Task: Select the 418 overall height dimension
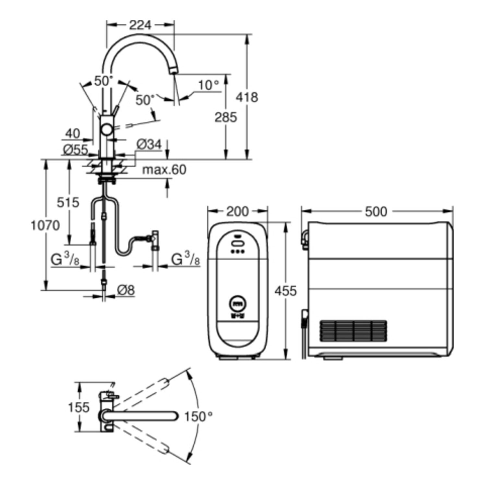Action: pos(247,97)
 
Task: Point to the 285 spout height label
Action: pos(226,117)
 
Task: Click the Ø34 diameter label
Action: pos(149,145)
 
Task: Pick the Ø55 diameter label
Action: pos(76,149)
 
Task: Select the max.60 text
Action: pos(165,170)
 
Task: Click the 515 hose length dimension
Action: pos(68,203)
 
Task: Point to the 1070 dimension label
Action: pos(45,225)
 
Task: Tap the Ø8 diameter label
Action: pos(126,290)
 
